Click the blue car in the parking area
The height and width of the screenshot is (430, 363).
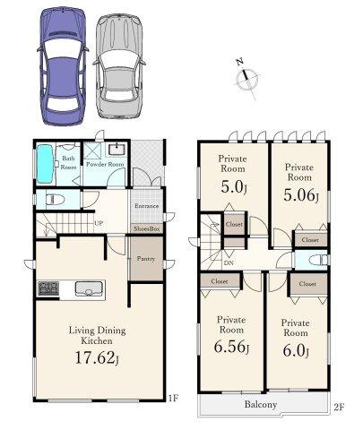tap(63, 65)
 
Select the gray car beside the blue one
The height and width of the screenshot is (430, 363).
tap(119, 65)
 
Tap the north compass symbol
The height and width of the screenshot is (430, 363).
tap(246, 78)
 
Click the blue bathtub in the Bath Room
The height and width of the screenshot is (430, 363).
tap(46, 164)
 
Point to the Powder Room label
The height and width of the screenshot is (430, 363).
tap(105, 164)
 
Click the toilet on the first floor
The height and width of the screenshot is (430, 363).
tap(55, 199)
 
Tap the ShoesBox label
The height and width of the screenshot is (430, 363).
tap(147, 228)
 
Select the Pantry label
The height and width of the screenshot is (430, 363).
tap(146, 259)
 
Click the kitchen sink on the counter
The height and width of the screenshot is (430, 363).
tap(89, 288)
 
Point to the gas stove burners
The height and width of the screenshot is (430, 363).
tap(48, 288)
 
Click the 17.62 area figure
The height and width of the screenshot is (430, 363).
tap(97, 357)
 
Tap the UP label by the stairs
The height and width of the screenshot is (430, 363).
tap(99, 223)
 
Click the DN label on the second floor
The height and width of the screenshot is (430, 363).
tap(229, 263)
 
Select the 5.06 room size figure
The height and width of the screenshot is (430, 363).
tap(301, 195)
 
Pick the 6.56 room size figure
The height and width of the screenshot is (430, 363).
tap(231, 347)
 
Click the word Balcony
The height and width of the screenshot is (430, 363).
tap(261, 404)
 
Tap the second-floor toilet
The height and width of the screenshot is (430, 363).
tap(318, 260)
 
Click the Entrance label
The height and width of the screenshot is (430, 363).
tap(146, 206)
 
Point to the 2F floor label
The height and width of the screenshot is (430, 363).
tap(339, 407)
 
